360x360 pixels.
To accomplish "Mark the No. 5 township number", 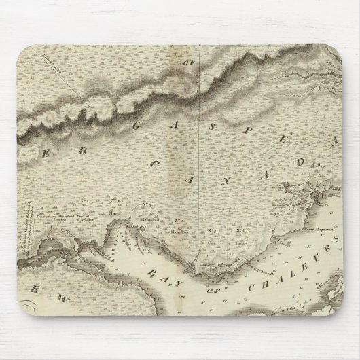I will point(212,230).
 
